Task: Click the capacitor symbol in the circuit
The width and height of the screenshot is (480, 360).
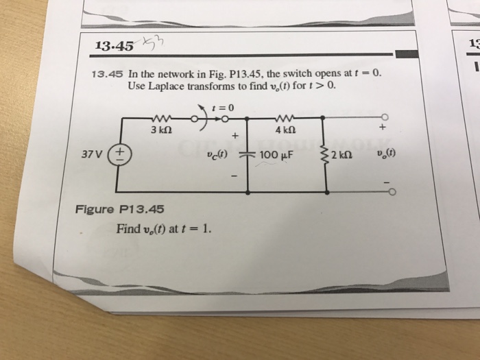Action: tap(246, 154)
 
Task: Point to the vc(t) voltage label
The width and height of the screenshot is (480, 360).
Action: tap(217, 154)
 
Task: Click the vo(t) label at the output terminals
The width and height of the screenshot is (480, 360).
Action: tap(385, 153)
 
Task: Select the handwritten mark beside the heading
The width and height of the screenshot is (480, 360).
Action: tap(149, 45)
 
